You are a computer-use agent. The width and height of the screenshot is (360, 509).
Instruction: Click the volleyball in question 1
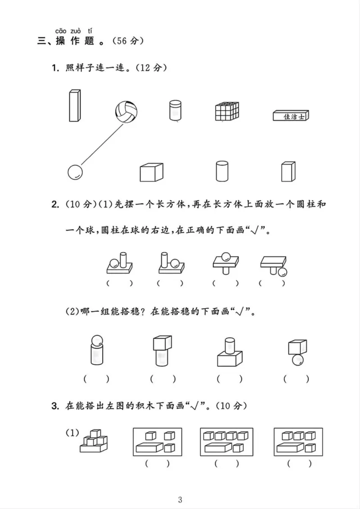click(126, 111)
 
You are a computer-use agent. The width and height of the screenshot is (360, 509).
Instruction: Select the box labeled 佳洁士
click(292, 116)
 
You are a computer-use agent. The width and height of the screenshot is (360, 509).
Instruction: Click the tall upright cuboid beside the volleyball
click(75, 106)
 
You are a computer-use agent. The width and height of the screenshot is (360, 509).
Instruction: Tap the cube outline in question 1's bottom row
click(151, 172)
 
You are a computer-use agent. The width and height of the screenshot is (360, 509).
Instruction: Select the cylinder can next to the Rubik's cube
click(175, 110)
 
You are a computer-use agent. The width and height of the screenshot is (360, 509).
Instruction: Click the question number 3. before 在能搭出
click(55, 406)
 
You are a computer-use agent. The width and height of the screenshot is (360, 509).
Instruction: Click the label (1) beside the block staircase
click(72, 433)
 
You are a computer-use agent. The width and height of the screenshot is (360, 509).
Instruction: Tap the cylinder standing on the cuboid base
click(228, 345)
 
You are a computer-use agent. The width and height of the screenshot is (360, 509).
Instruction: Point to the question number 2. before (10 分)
click(55, 205)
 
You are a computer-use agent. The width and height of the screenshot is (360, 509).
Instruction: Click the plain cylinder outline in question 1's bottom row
click(221, 171)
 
